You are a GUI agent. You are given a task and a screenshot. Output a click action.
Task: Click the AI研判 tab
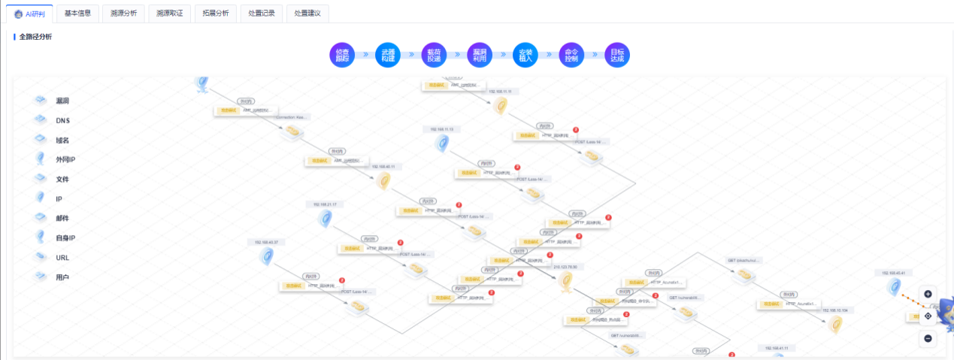[x=30, y=14]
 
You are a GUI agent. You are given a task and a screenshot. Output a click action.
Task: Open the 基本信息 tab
[x=77, y=14]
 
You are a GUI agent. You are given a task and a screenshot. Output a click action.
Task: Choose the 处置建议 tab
[x=307, y=14]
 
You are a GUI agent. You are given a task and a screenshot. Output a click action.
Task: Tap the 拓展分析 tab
[x=215, y=14]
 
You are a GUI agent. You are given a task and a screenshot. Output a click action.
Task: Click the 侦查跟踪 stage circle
[x=341, y=55]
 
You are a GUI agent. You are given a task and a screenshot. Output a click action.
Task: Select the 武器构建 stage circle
[x=387, y=55]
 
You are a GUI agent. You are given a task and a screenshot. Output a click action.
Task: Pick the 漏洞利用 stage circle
[x=479, y=55]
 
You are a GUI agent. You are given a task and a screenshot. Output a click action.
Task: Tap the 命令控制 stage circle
[x=571, y=55]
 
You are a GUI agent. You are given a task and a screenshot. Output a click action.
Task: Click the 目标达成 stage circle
[x=617, y=55]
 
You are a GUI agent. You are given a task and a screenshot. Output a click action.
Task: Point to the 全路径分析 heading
[x=35, y=36]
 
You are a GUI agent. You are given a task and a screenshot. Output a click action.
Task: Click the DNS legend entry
[x=62, y=120]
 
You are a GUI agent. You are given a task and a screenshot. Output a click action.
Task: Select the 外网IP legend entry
[x=65, y=159]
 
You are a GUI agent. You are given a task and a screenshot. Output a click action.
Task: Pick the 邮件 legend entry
[x=62, y=218]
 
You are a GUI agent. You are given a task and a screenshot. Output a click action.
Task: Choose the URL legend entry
[x=63, y=258]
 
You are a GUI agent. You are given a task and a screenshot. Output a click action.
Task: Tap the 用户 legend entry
[x=62, y=277]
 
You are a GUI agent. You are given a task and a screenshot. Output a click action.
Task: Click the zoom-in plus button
[x=928, y=294]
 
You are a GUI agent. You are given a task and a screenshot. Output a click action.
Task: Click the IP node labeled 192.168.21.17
[x=326, y=219]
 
